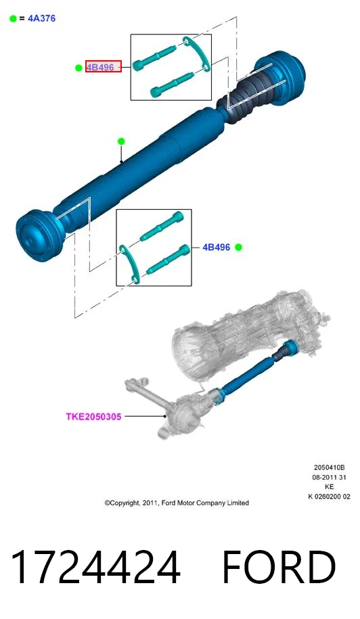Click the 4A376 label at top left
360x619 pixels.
click(41, 18)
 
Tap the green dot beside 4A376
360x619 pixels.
click(13, 18)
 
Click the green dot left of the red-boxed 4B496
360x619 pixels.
click(78, 68)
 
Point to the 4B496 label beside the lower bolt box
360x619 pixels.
click(216, 247)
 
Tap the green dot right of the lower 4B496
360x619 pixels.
click(238, 247)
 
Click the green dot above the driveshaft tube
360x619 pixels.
click(121, 141)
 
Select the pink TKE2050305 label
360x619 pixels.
click(93, 417)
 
